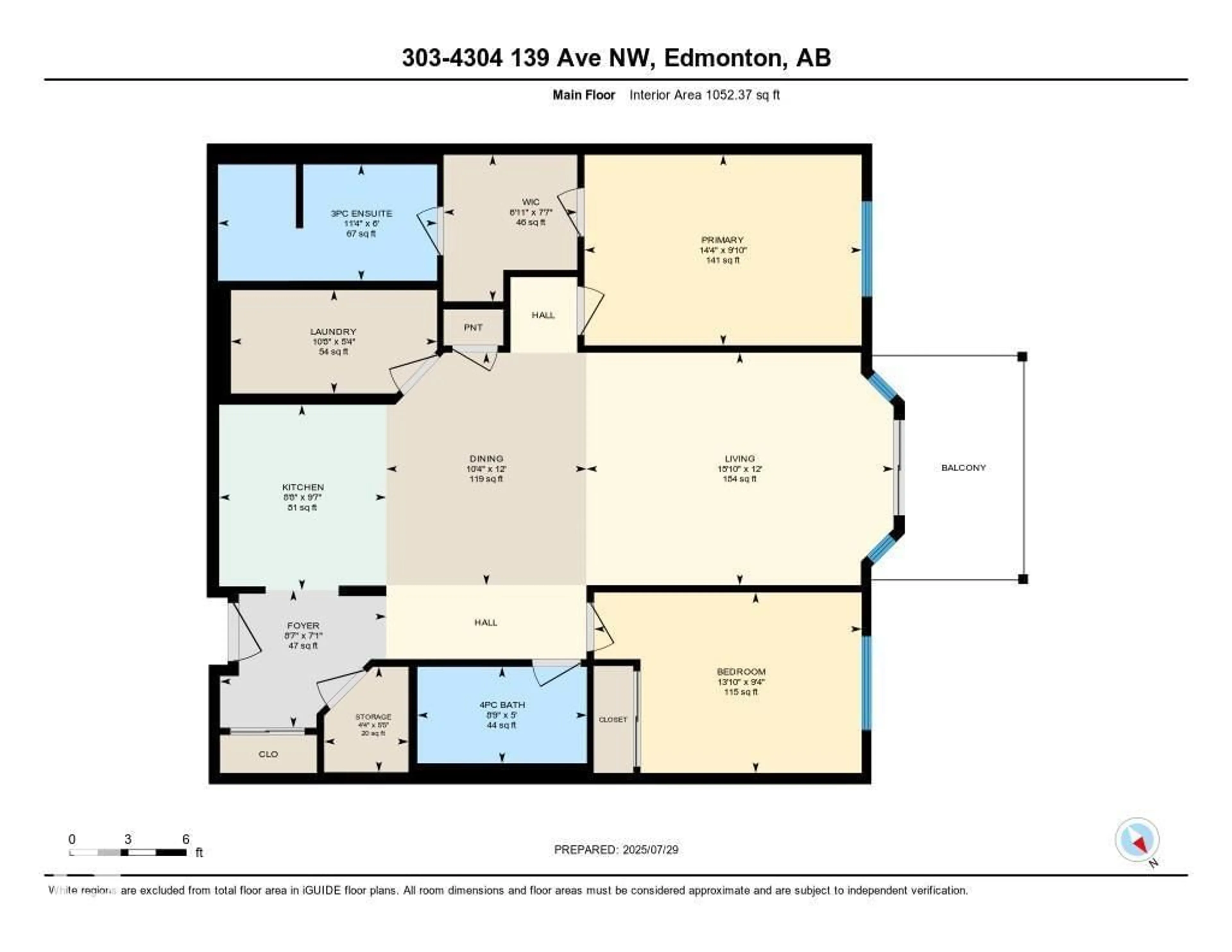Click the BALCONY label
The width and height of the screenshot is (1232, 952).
coord(963,467)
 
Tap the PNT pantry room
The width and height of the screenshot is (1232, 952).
coord(473,327)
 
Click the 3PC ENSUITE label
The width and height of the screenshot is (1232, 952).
coord(361,213)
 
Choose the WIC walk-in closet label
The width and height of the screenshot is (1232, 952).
coord(530,202)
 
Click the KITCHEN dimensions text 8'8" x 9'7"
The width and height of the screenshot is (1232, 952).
coord(303,497)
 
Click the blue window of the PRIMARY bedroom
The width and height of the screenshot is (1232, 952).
coord(867,249)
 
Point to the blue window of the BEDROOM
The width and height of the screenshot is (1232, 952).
coord(867,683)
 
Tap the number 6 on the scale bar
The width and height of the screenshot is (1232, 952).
coord(185,839)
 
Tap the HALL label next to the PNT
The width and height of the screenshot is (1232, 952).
coord(543,315)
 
